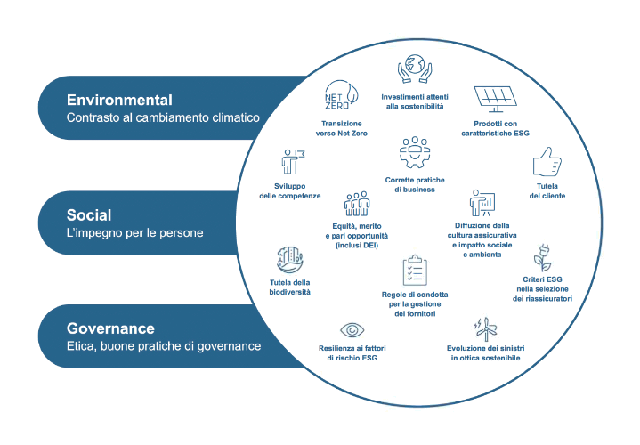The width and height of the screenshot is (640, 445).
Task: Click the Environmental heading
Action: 119,100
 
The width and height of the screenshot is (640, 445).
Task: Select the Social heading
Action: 89,215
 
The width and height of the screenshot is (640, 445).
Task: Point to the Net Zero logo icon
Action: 341,94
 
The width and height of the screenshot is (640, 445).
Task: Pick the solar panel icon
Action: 498,98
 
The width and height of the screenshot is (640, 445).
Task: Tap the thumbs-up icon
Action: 546,165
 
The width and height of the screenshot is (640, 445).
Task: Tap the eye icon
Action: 348,331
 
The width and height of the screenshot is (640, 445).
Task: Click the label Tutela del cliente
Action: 547,190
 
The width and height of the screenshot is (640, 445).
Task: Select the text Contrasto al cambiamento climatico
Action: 162,117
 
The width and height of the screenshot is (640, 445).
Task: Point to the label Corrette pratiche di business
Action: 415,184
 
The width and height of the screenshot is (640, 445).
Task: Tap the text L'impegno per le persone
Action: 134,233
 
